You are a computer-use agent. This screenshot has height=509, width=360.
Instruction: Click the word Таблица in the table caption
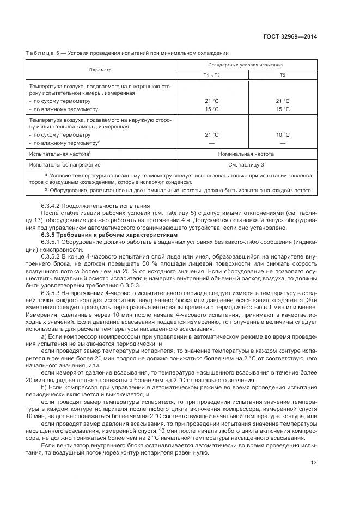42,53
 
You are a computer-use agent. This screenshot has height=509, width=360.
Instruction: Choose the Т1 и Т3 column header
211,75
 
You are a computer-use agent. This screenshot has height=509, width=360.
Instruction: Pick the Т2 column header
283,75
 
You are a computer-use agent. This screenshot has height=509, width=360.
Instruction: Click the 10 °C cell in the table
283,134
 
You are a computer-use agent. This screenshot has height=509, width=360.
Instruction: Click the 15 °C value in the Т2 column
283,109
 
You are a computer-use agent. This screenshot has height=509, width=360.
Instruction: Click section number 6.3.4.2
52,206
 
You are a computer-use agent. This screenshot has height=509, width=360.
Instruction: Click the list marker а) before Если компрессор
43,338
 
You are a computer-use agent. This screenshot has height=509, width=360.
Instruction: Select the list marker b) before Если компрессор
43,387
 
